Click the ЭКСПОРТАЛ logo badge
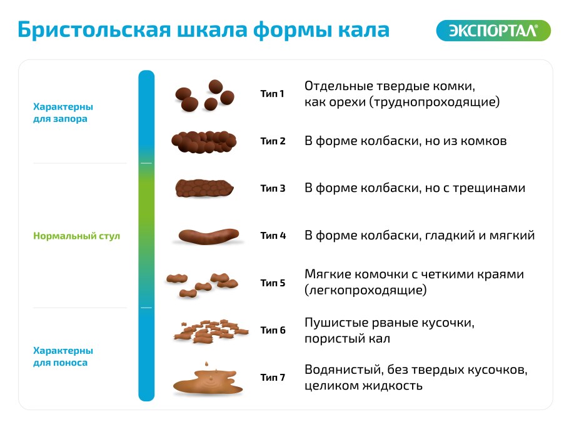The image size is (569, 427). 493,31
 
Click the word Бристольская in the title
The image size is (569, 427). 94,30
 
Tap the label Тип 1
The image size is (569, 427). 272,94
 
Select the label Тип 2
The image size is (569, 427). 273,141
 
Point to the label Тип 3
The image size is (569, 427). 273,188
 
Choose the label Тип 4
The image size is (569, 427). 273,236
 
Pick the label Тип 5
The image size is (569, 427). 273,283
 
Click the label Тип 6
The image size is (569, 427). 273,330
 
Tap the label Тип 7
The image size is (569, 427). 273,378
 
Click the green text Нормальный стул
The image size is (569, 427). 76,236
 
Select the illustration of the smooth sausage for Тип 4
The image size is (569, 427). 209,236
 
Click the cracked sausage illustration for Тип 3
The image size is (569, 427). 204,188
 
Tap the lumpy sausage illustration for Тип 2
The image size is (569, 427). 204,141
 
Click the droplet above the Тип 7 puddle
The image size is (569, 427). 206,363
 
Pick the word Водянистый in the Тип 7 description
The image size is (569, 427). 343,369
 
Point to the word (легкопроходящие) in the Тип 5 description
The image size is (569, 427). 365,290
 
